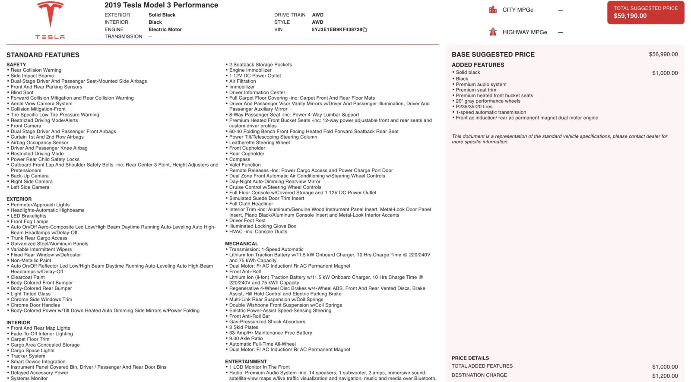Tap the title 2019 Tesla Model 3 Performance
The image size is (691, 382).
click(161, 5)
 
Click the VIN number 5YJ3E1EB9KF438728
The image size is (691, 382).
click(337, 29)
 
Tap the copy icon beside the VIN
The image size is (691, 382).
click(365, 30)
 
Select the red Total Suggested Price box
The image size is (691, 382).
click(645, 13)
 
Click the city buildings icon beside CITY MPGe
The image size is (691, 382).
click(493, 9)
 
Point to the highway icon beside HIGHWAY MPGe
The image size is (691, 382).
click(493, 32)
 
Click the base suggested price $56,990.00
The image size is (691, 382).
click(663, 54)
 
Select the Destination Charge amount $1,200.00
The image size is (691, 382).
click(665, 376)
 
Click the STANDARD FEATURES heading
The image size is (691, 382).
click(43, 55)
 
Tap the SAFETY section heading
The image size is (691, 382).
click(16, 64)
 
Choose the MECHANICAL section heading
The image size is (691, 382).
click(241, 243)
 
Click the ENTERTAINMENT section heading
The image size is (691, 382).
click(246, 361)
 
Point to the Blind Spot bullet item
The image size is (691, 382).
click(22, 92)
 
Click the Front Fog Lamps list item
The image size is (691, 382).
click(29, 221)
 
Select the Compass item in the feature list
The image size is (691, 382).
click(240, 159)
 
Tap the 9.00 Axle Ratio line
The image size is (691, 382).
click(246, 338)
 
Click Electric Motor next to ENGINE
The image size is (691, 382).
click(165, 29)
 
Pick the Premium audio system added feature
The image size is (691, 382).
click(481, 84)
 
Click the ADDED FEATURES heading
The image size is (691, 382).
click(478, 65)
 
